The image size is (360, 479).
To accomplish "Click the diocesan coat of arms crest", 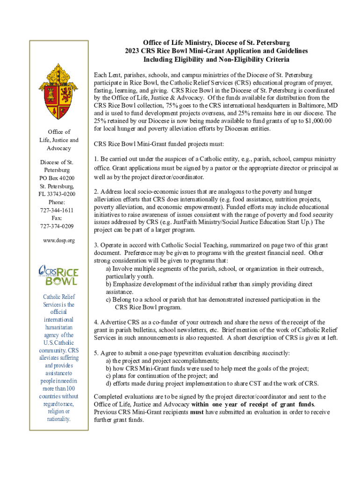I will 58,91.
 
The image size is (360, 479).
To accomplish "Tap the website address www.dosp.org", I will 58,240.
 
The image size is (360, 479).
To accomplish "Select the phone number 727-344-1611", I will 58,210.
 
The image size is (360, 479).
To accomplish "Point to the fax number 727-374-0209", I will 58,226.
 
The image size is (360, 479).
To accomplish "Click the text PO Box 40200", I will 58,178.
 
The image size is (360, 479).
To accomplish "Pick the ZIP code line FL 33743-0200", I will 58,194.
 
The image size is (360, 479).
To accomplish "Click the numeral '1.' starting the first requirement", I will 96,159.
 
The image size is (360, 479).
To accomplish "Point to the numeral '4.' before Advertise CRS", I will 96,322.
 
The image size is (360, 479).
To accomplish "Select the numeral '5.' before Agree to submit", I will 96,353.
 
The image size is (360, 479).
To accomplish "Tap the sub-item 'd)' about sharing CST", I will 108,383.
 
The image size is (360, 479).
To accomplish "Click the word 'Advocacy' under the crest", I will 58,148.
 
